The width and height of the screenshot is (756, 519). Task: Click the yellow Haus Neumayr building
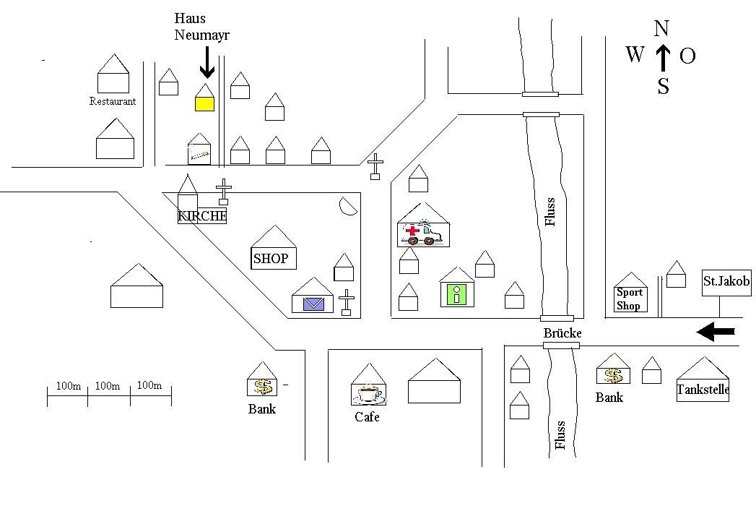(x=204, y=103)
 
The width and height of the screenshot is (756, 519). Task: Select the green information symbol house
(x=456, y=294)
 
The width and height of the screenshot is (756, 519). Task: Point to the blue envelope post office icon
(x=313, y=304)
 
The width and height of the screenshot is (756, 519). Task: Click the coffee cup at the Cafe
(x=369, y=394)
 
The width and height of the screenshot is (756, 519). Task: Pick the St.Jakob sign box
(x=726, y=282)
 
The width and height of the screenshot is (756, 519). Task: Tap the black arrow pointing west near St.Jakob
(x=716, y=332)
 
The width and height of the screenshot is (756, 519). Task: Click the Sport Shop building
(x=630, y=299)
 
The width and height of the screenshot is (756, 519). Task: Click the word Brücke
(x=562, y=333)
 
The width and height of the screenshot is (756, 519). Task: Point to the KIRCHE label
(x=202, y=215)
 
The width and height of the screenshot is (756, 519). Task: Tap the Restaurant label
(x=113, y=101)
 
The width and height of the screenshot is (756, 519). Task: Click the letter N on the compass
(x=661, y=29)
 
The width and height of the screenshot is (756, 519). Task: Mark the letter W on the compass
(x=635, y=54)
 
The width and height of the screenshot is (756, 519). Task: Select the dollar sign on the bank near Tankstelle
(x=613, y=376)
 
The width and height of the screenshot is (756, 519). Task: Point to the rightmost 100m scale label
(x=149, y=385)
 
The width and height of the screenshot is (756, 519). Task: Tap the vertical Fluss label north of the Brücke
(x=551, y=212)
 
